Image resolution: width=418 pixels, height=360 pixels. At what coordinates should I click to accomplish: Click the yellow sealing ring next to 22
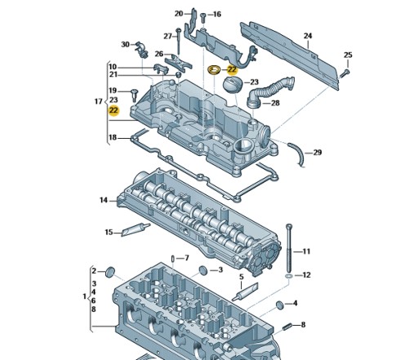coord(214,70)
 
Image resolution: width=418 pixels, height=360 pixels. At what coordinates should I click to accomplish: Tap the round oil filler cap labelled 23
coord(233,85)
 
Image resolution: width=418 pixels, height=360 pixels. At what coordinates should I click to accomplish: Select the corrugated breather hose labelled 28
coord(269,92)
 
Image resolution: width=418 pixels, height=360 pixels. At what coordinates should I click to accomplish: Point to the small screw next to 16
coord(202,18)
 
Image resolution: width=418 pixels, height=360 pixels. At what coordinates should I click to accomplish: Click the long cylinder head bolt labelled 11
coord(289,248)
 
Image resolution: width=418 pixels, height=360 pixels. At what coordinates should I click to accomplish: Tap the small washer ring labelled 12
coord(289,277)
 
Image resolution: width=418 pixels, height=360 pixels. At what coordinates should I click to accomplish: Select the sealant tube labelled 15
coord(136,229)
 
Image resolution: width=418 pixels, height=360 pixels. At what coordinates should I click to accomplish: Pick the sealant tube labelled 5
coord(245,291)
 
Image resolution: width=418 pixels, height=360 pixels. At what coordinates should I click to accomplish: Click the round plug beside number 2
coord(110,272)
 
